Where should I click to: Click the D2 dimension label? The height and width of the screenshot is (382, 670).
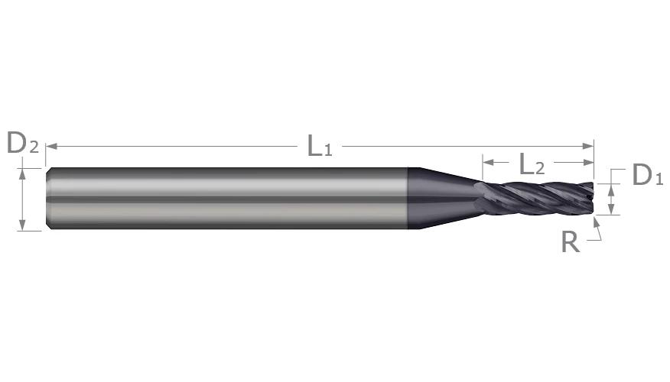coord(23,143)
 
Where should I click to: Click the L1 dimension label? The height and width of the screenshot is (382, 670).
coord(320,146)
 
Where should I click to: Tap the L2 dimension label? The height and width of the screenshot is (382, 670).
coord(532,164)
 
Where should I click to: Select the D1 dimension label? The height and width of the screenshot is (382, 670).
coord(647,175)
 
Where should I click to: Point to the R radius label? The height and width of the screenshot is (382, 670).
coord(571,242)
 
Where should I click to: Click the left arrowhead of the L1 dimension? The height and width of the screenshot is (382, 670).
coord(51,147)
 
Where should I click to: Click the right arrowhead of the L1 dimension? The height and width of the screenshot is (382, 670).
coord(588,147)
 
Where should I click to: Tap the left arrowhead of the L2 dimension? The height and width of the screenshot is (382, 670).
coord(488,162)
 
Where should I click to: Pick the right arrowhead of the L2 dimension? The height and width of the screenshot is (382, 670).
coord(588,162)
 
